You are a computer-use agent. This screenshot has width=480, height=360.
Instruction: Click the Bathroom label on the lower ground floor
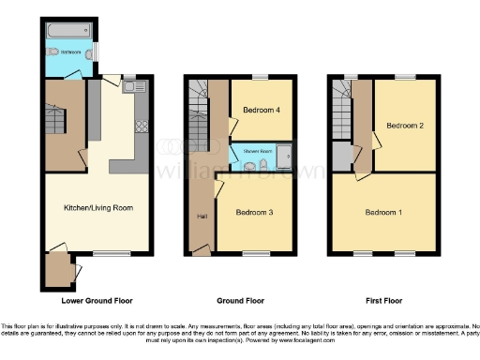click(71, 51)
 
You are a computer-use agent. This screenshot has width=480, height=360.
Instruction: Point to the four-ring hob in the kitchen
click(142, 123)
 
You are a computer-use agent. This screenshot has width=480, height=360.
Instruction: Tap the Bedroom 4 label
click(262, 110)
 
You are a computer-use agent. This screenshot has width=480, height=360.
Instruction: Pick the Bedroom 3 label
click(253, 213)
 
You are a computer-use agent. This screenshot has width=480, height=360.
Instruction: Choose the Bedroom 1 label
click(384, 213)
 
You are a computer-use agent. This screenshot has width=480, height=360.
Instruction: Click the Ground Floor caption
click(241, 301)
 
